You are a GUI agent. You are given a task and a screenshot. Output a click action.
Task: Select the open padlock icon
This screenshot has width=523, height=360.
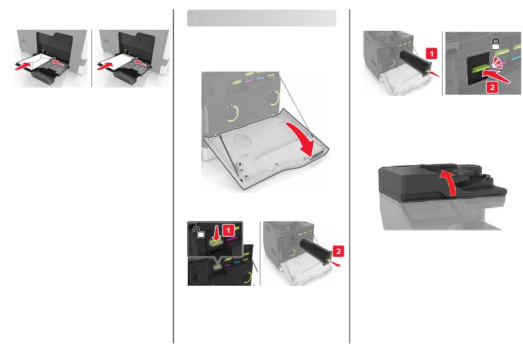[199, 232]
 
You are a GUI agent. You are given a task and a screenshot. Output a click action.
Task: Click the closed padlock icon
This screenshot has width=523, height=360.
[496, 45]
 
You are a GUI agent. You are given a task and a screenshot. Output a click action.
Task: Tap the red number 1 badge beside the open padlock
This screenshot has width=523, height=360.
[228, 230]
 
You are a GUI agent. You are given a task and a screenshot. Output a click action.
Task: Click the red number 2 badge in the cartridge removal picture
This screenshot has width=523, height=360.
[338, 251]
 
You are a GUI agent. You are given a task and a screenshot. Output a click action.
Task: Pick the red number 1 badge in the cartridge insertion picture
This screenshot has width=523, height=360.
[431, 53]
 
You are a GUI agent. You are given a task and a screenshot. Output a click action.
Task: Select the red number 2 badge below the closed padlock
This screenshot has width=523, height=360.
[492, 87]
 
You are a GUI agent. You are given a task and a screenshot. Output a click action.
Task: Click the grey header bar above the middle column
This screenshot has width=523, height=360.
[261, 18]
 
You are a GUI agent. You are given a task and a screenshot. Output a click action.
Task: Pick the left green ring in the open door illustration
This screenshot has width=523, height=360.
[232, 113]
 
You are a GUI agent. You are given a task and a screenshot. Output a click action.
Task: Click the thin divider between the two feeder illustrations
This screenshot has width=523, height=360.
[92, 58]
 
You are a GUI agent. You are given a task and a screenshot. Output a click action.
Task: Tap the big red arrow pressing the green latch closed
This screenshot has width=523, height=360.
[497, 75]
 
